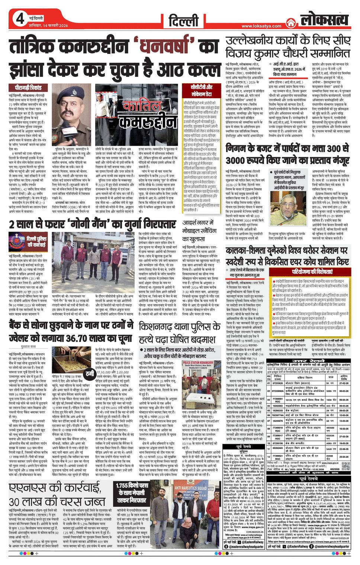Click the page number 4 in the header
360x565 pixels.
20,19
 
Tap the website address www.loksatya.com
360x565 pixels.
261,26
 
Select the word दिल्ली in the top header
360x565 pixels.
183,20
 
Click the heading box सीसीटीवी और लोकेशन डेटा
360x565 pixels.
202,90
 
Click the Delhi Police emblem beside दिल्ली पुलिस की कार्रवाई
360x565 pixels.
17,241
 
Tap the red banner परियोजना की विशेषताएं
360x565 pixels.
312,271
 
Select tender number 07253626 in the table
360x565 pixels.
277,383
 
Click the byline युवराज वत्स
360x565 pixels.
28,346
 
